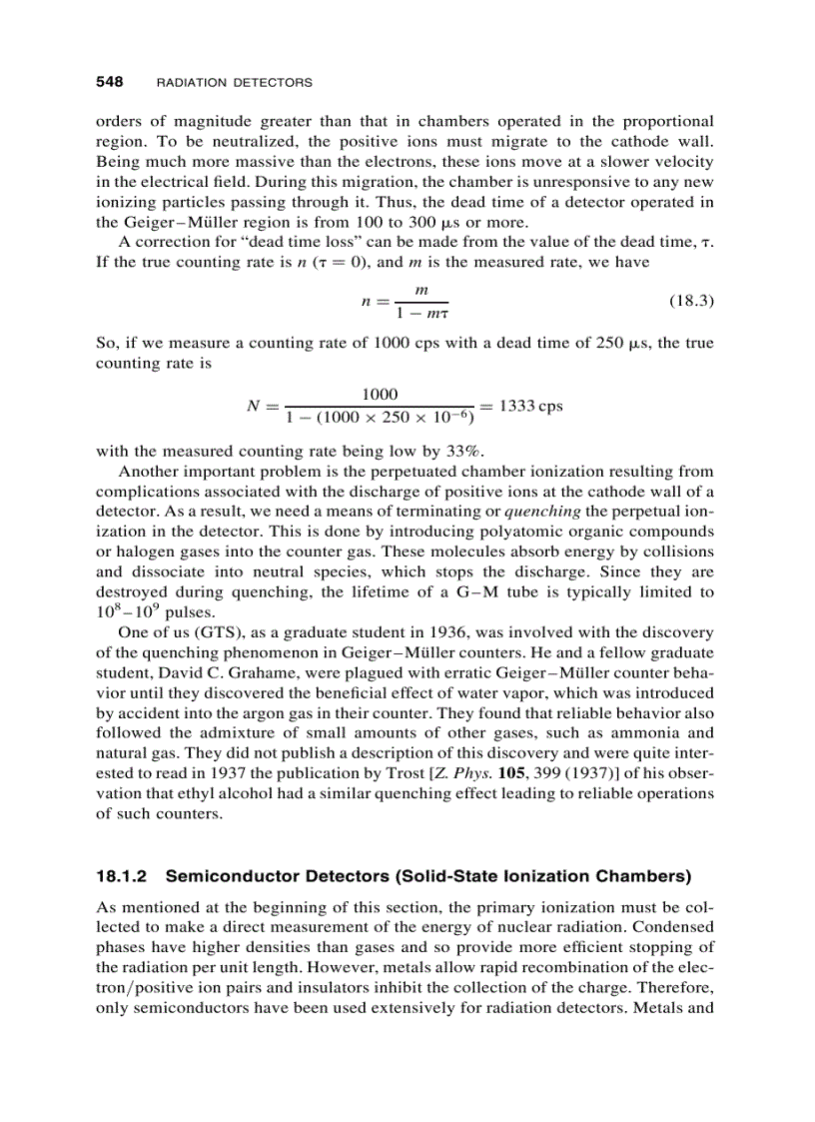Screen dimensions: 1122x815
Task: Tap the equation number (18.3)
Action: [689, 300]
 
